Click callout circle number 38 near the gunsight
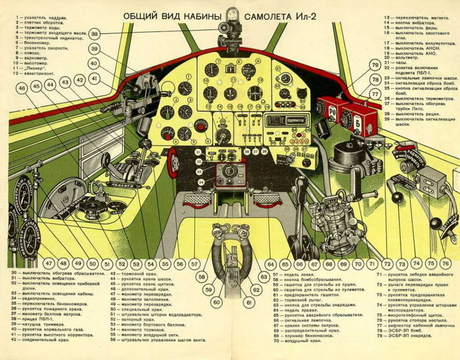(x=95, y=34)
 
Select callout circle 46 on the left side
(x=21, y=88)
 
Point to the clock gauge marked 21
(x=286, y=78)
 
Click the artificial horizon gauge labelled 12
(x=255, y=93)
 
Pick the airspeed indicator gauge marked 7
(x=211, y=70)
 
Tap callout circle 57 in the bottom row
(x=194, y=264)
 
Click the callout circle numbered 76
(x=445, y=264)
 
